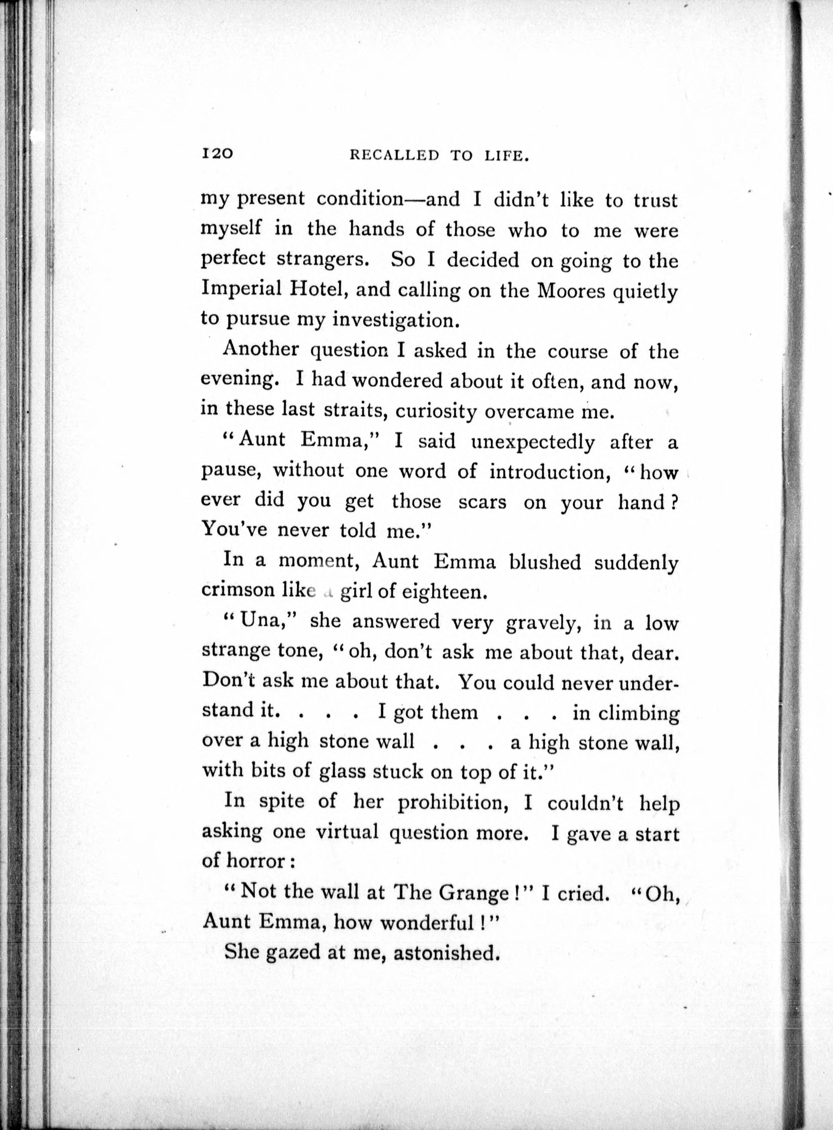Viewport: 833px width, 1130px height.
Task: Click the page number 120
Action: [217, 153]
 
